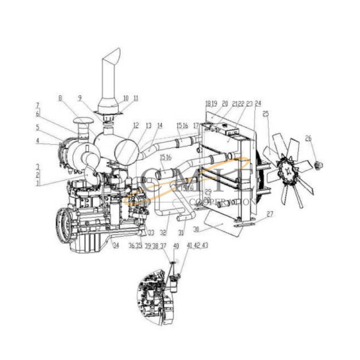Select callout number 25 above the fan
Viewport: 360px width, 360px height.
pyautogui.click(x=265, y=113)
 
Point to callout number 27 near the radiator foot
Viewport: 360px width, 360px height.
pyautogui.click(x=269, y=214)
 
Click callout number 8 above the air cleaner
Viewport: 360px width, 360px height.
pyautogui.click(x=61, y=97)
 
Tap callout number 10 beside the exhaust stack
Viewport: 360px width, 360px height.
pyautogui.click(x=125, y=97)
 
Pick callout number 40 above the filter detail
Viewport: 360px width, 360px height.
pyautogui.click(x=176, y=246)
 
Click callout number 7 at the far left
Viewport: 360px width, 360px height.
pyautogui.click(x=37, y=105)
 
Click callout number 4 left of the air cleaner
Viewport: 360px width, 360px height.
pyautogui.click(x=37, y=142)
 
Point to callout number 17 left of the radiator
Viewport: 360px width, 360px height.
pyautogui.click(x=196, y=125)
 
